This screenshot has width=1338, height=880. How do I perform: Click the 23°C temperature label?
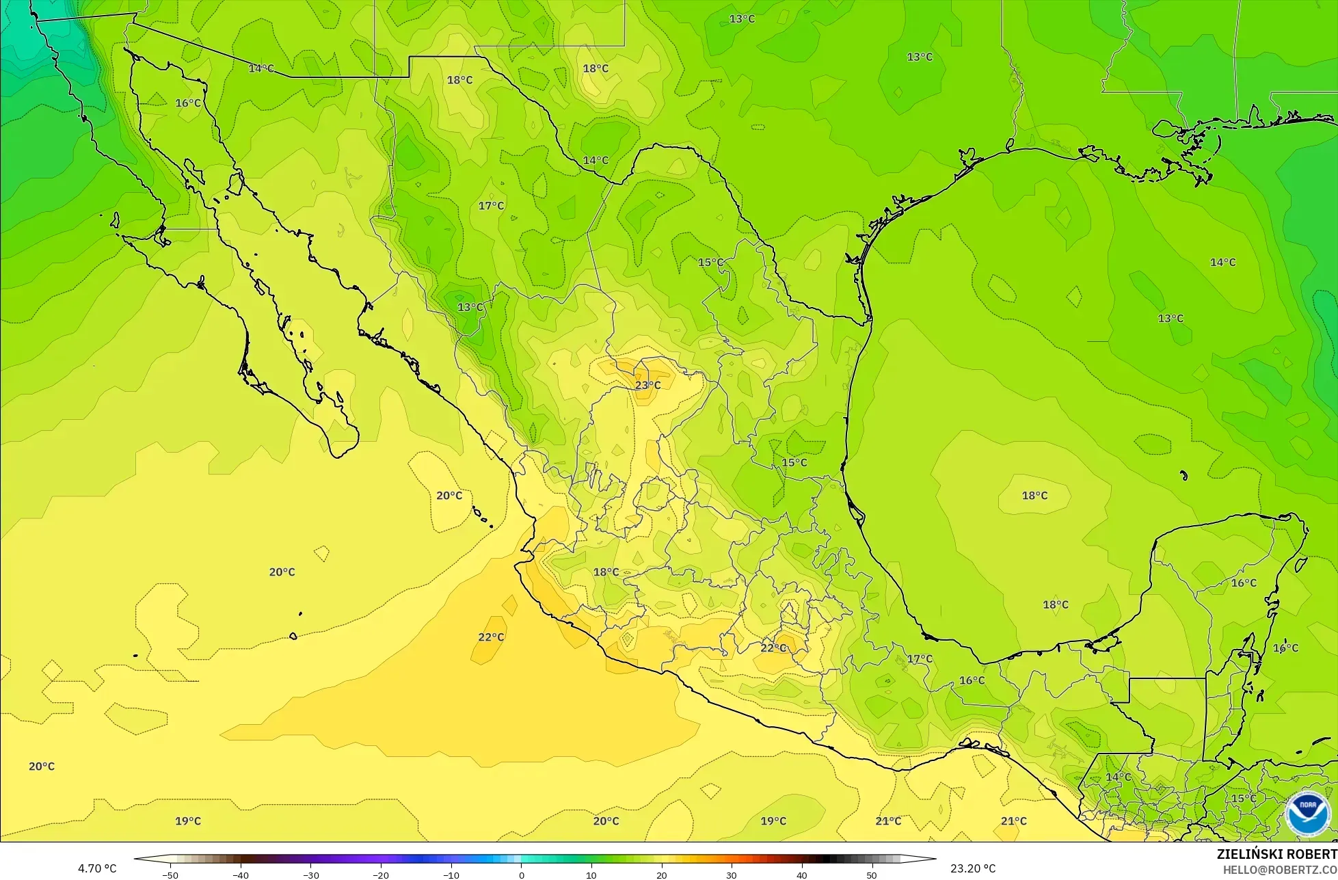tap(647, 385)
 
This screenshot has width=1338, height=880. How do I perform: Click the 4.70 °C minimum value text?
tap(97, 869)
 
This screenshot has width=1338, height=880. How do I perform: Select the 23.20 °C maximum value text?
tap(973, 869)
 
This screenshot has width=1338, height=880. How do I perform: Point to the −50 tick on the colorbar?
tap(170, 875)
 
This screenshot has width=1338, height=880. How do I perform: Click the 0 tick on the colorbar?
tap(521, 875)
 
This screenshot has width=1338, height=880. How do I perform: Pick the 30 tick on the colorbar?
tap(731, 875)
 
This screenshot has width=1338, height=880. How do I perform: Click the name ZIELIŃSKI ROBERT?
tap(1276, 854)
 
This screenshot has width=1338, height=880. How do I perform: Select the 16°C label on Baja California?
tap(188, 103)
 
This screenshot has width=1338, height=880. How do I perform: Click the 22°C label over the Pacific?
tap(490, 637)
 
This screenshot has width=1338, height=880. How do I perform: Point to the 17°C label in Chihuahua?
tap(490, 206)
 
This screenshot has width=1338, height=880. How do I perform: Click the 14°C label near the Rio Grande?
tap(596, 161)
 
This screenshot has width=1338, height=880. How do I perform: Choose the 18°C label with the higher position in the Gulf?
tap(1034, 496)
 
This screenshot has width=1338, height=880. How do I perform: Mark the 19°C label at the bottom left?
tap(188, 821)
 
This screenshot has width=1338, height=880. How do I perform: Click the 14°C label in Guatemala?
tap(1119, 777)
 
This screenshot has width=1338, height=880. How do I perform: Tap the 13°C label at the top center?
tap(742, 19)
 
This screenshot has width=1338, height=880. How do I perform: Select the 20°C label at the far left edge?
tap(42, 766)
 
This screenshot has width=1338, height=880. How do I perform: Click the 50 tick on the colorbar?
tap(871, 875)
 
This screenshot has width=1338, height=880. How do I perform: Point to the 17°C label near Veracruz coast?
tap(920, 659)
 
